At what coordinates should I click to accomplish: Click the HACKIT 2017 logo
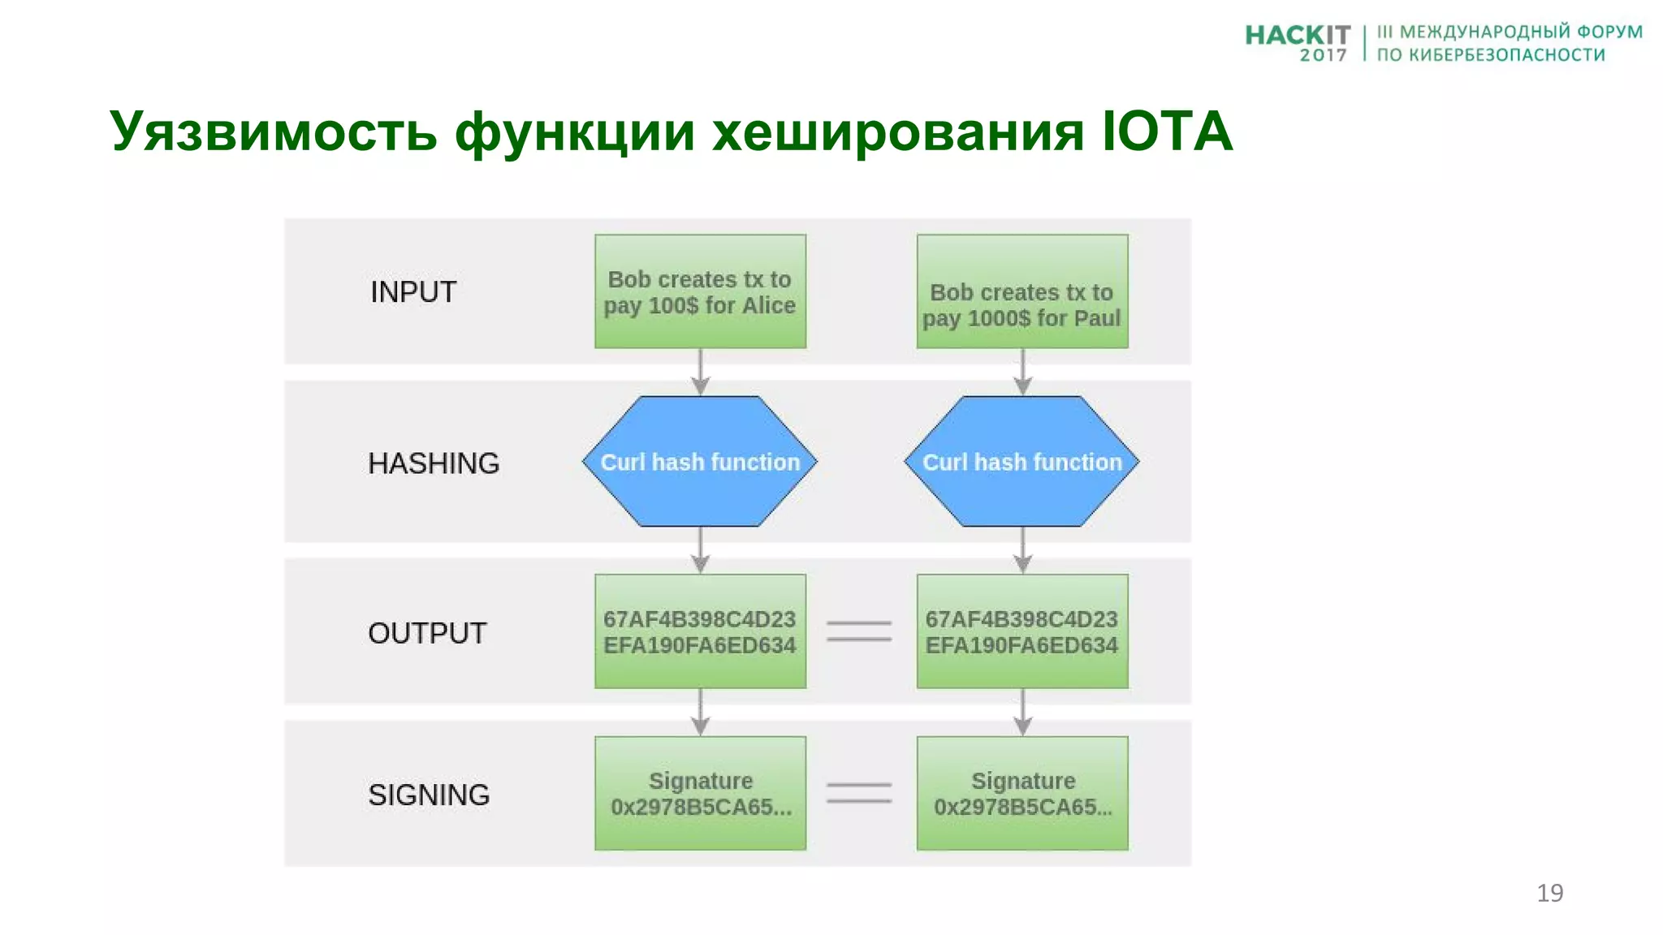tap(1297, 42)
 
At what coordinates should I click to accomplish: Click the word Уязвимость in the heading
tap(273, 131)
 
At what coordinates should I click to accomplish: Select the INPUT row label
tap(413, 292)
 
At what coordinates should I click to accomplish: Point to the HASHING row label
tap(433, 463)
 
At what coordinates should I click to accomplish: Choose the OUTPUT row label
tap(427, 633)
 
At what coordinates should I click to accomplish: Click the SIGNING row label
tap(429, 795)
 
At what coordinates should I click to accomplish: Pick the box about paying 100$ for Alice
tap(700, 292)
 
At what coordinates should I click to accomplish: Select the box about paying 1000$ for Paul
tap(1022, 292)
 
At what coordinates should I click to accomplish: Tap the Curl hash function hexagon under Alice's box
tap(700, 462)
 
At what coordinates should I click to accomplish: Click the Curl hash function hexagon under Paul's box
tap(1022, 462)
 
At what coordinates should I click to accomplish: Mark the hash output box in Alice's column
tap(700, 631)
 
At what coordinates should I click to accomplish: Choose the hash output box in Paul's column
tap(1022, 631)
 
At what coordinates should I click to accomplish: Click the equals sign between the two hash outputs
tap(859, 631)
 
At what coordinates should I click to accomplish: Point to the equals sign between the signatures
tap(859, 793)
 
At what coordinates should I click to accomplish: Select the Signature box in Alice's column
tap(700, 793)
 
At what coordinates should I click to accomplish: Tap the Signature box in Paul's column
tap(1022, 793)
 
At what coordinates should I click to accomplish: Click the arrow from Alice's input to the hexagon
tap(700, 373)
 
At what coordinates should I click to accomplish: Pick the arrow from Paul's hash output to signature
tap(1022, 712)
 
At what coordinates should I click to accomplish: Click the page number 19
tap(1549, 893)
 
